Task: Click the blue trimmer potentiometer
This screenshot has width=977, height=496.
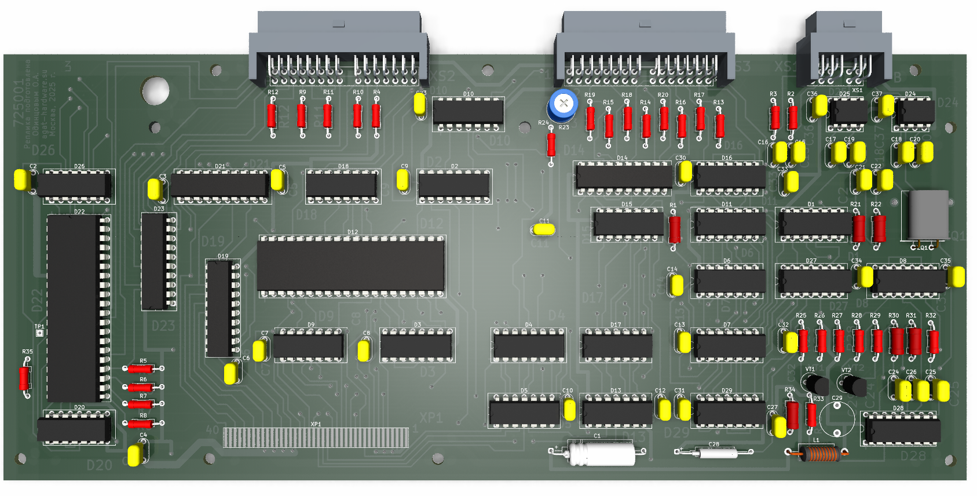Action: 562,104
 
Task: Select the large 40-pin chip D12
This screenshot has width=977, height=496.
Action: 351,265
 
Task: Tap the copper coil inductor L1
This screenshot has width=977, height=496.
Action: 818,453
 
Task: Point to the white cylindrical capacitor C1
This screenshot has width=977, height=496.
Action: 602,453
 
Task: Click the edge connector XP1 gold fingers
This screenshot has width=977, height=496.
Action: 316,437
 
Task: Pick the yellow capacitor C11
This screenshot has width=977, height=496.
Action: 544,229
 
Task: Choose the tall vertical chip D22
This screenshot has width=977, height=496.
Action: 75,308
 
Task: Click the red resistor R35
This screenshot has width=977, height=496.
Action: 25,378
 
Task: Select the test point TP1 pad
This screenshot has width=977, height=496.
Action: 39,333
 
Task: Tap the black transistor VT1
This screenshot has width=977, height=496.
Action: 815,384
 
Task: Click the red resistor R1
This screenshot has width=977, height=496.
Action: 675,229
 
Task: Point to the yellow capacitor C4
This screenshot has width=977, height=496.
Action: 135,455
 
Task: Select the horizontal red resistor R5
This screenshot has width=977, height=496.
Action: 141,369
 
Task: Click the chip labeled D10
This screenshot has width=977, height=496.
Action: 468,111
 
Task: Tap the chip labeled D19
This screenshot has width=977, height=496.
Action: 220,308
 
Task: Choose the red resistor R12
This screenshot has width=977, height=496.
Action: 272,116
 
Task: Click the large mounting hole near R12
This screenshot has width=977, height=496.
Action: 156,91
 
